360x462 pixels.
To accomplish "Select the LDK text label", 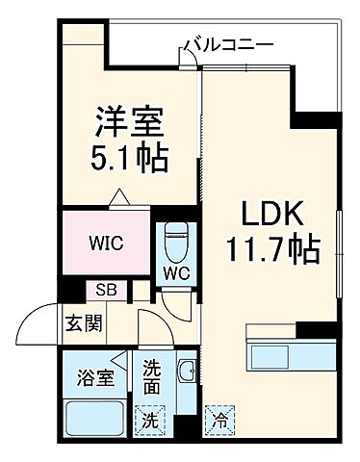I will (x=256, y=214).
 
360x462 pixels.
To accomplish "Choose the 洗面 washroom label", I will (x=152, y=375).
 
